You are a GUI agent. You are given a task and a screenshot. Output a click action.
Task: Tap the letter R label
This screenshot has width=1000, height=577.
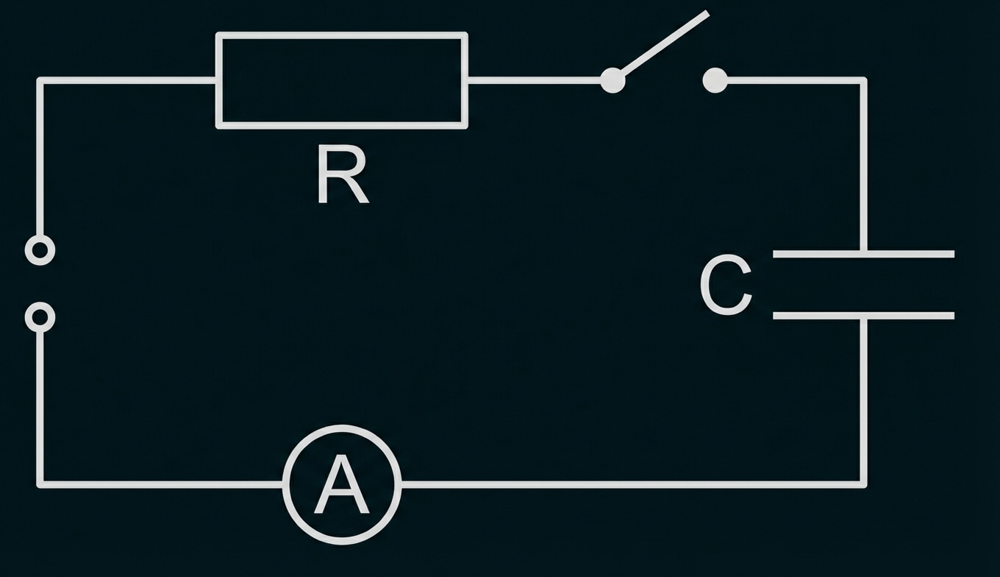click(342, 175)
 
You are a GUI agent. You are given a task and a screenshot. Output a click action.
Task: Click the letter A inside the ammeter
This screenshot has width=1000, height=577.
click(342, 486)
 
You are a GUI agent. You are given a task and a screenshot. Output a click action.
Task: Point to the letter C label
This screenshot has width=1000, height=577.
click(726, 286)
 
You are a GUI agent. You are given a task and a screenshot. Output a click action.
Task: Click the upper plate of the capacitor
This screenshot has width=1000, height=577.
click(863, 254)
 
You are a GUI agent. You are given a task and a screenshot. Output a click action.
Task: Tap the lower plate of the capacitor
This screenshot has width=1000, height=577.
click(863, 316)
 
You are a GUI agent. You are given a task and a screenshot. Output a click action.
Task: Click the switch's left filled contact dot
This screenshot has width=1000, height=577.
click(612, 80)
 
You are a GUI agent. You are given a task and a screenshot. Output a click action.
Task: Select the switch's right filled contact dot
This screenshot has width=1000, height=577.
click(715, 80)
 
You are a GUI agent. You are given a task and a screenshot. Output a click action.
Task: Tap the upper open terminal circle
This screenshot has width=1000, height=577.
click(40, 250)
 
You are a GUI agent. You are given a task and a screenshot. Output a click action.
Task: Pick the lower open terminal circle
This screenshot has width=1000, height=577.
click(40, 317)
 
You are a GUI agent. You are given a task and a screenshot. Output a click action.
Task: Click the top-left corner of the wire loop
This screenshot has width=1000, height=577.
click(40, 80)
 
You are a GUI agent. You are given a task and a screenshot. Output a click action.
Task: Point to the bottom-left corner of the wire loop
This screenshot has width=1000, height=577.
click(40, 484)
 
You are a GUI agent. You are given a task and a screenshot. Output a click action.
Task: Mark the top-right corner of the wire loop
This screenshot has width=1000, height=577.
click(863, 80)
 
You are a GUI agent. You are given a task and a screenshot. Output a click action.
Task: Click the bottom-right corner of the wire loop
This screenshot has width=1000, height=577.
click(863, 484)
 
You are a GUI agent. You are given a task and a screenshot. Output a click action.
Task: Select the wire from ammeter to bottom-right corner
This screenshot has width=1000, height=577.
click(632, 484)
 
